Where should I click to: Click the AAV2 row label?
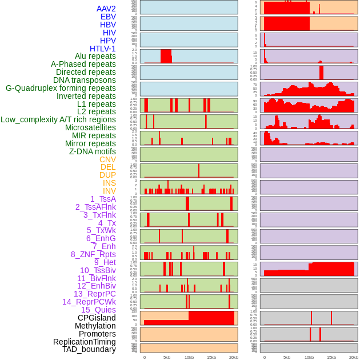[x=106, y=9]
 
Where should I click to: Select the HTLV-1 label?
[x=102, y=49]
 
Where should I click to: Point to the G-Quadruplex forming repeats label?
[x=61, y=88]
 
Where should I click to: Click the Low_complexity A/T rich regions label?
[x=58, y=119]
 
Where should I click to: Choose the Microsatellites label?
[x=90, y=127]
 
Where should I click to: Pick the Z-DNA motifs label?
[x=92, y=151]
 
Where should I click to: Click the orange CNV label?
[x=107, y=159]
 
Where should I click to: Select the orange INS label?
[x=109, y=183]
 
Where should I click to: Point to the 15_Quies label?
[x=98, y=310]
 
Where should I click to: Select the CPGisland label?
[x=97, y=318]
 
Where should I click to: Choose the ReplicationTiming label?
[x=85, y=342]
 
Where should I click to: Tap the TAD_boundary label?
[x=89, y=349]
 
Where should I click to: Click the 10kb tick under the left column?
[x=189, y=357]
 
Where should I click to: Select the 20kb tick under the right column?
[x=354, y=357]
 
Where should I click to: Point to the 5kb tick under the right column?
[x=287, y=357]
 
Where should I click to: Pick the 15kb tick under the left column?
[x=211, y=357]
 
